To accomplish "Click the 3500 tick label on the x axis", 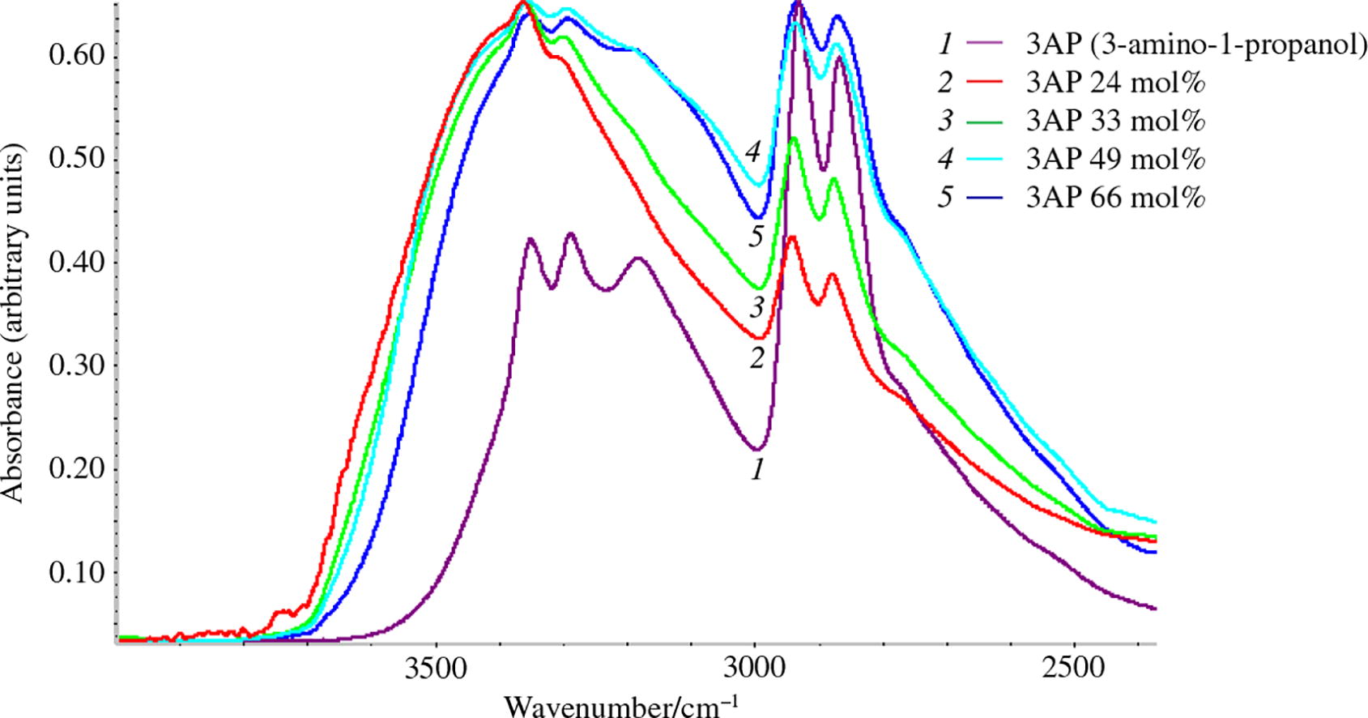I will (x=436, y=669).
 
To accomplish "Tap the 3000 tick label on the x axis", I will (x=755, y=669).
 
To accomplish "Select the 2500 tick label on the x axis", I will (x=1074, y=669).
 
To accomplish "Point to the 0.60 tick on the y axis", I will (x=76, y=55).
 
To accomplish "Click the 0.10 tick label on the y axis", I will (x=76, y=573).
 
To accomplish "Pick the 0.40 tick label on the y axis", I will (x=76, y=263).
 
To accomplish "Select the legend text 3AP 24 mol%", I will (x=1115, y=83).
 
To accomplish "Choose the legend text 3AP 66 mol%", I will (x=1115, y=197).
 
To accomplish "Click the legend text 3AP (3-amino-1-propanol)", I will (x=1195, y=44).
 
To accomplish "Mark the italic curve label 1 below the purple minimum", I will (x=757, y=468).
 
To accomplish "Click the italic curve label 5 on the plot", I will (x=756, y=237).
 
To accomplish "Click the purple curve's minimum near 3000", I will (x=756, y=449).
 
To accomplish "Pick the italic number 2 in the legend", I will (x=945, y=83).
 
